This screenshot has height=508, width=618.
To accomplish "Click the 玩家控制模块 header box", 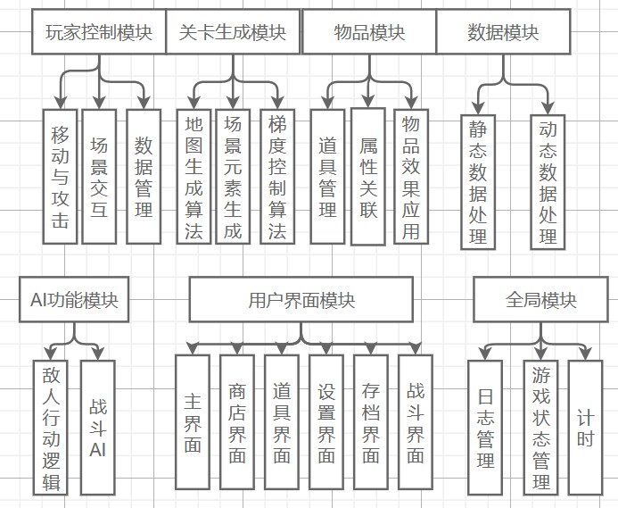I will click(99, 33).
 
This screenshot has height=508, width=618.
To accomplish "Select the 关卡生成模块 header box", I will click(233, 33).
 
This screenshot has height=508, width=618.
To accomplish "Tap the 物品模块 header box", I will click(369, 33).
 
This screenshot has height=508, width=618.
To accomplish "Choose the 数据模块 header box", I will click(502, 33).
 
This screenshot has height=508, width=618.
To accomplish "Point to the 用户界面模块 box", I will click(301, 299).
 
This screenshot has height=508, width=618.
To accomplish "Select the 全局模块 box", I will click(540, 299).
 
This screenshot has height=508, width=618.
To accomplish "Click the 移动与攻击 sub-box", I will click(60, 176).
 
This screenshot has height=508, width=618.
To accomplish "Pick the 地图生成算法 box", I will click(194, 176).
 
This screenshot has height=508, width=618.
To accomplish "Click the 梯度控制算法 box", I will click(276, 176).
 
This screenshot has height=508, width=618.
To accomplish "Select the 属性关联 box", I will click(368, 176).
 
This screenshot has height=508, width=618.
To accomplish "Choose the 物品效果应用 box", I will click(411, 176).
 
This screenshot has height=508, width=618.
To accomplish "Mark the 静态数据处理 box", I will click(479, 182).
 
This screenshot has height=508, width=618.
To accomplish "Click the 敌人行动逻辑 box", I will click(51, 427).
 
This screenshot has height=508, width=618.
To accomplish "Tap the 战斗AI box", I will click(97, 427).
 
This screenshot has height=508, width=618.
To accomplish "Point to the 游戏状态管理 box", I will click(540, 427).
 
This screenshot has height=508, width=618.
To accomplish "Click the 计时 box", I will click(585, 427).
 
